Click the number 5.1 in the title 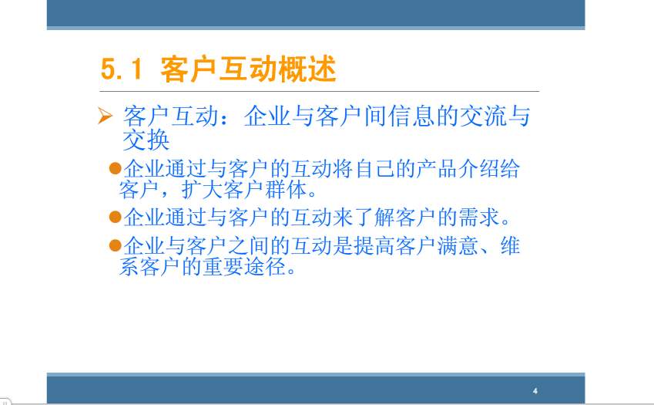coord(122,69)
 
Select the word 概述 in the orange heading coord(307,69)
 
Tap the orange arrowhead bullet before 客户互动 coord(105,115)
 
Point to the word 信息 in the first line coord(411,116)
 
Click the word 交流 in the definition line coord(483,116)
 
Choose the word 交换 coord(146,140)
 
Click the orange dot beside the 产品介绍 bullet coord(115,168)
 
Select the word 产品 coord(436,169)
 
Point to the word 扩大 coord(202,189)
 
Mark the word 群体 coord(286,189)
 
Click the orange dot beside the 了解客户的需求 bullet coord(115,217)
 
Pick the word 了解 coord(374,217)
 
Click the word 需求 coord(478,217)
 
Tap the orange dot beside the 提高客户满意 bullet coord(115,245)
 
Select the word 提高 coord(374,245)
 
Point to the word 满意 coord(457,245)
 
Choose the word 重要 coord(223,266)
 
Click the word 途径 coord(264,266)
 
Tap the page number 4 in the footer coord(535,391)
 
